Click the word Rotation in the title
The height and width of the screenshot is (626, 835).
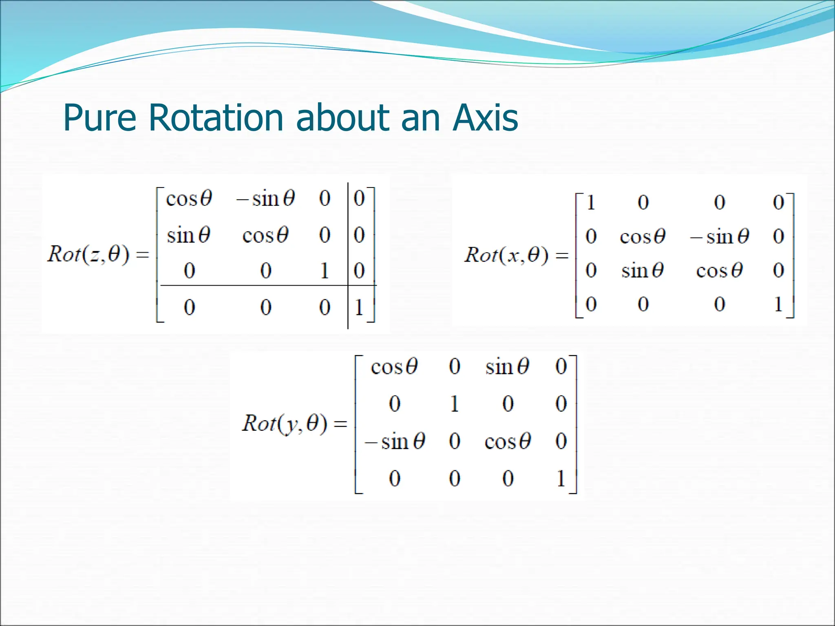pos(215,118)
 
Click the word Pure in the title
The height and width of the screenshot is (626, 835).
pos(99,118)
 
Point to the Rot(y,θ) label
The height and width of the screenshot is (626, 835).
pos(285,423)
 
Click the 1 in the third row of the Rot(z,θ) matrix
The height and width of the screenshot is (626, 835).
pos(325,271)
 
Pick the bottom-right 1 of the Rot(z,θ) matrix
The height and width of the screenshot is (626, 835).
pos(359,307)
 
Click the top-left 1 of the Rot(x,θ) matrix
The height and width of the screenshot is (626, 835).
pos(591,203)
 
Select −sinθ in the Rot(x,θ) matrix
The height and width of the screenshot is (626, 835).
pos(720,236)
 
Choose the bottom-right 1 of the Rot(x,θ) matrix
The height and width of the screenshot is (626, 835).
pos(778,304)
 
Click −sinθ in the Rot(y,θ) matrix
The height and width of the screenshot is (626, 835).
pos(395,441)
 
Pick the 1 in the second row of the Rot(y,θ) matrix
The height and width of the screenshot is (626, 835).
pos(455,404)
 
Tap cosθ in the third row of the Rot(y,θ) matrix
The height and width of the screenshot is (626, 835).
pos(508,441)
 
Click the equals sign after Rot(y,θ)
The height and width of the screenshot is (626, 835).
pos(340,424)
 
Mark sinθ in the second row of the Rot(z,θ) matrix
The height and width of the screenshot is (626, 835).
pos(188,236)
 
